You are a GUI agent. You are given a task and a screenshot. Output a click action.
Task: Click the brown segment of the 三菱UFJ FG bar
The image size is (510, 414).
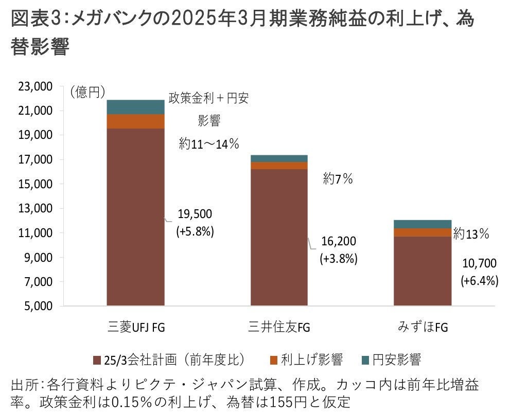click(x=135, y=216)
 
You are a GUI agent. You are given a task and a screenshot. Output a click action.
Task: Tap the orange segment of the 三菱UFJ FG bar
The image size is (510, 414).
click(x=135, y=121)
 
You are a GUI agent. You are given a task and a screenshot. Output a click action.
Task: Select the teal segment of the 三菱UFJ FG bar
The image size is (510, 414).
click(x=135, y=107)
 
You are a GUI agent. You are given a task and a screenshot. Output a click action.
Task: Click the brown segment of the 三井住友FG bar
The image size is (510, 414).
click(x=279, y=237)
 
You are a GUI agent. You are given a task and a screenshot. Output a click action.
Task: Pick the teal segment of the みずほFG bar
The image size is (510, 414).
click(x=423, y=224)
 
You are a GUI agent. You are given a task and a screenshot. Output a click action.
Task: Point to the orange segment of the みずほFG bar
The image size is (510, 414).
click(x=423, y=232)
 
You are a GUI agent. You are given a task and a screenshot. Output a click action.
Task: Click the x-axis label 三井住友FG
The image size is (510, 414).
click(x=279, y=327)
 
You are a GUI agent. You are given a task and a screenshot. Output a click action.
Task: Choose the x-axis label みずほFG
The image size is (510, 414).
click(x=423, y=327)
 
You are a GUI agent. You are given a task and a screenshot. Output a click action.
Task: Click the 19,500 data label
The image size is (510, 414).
click(x=195, y=214)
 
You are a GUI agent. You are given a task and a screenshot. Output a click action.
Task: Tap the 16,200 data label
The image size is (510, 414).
click(x=338, y=241)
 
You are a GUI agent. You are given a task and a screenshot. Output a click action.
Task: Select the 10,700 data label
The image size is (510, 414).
click(x=479, y=264)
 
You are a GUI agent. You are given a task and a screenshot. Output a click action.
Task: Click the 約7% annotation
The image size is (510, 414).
click(x=338, y=179)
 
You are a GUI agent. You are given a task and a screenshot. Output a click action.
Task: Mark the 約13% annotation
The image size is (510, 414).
click(x=471, y=234)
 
